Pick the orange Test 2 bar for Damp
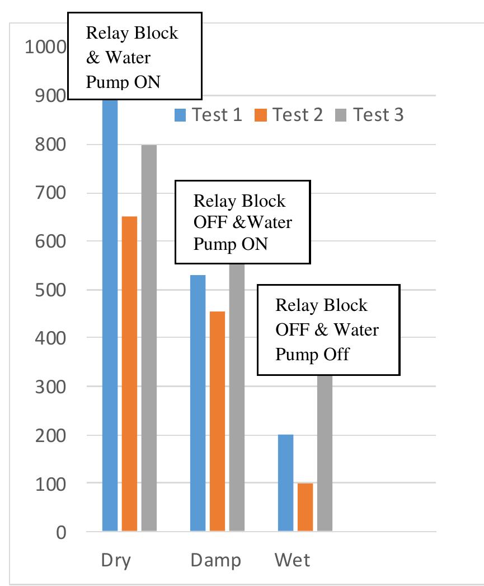pos(217,421)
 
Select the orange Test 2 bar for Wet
pos(305,506)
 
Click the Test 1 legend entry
pos(210,115)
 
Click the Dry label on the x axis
pos(116,561)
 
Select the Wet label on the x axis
pos(292,561)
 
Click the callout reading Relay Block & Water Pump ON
pos(134,57)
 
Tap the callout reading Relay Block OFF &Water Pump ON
pos(243,222)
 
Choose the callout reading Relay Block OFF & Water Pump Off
pos(328,329)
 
